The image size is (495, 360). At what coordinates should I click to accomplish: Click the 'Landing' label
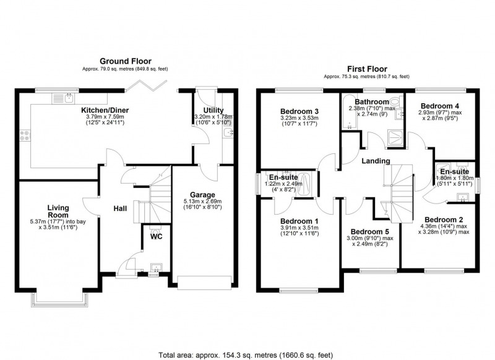tap(376, 161)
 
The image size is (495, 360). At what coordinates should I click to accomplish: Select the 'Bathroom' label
tap(371, 101)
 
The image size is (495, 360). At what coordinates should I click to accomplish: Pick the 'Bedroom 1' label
tap(299, 221)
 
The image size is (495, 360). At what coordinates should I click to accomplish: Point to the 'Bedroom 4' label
tap(441, 105)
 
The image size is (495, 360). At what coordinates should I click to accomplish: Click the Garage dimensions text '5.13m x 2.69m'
tap(202, 201)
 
